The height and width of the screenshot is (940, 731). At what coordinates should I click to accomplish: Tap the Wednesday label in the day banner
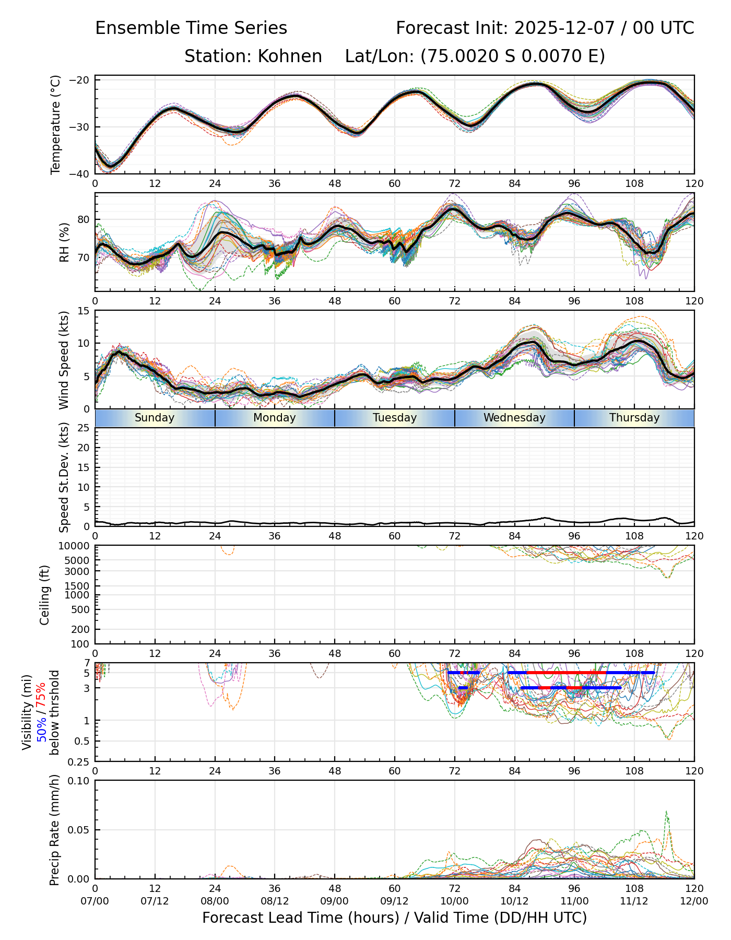[x=514, y=418]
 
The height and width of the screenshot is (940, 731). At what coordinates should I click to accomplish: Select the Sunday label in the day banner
[x=155, y=418]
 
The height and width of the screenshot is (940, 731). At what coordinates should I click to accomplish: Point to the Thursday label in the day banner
[x=634, y=418]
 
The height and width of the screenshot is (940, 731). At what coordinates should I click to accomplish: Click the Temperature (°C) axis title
[x=56, y=125]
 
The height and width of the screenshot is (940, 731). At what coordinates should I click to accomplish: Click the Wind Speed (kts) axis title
[x=64, y=360]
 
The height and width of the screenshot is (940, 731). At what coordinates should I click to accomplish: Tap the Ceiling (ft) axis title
[x=45, y=595]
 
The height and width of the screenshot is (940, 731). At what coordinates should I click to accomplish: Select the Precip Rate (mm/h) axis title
[x=54, y=830]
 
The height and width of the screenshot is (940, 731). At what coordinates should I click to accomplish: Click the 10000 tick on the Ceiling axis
[x=75, y=546]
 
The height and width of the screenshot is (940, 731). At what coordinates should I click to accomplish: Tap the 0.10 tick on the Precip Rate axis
[x=79, y=781]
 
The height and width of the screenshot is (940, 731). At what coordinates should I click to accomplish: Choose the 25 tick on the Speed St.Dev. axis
[x=84, y=428]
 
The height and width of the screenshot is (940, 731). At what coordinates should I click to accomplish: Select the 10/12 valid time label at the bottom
[x=514, y=901]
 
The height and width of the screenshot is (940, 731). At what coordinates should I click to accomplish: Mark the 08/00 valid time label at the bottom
[x=215, y=901]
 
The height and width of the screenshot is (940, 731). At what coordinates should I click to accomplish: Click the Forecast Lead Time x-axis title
[x=394, y=918]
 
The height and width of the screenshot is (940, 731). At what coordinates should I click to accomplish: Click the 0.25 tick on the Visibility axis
[x=79, y=761]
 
